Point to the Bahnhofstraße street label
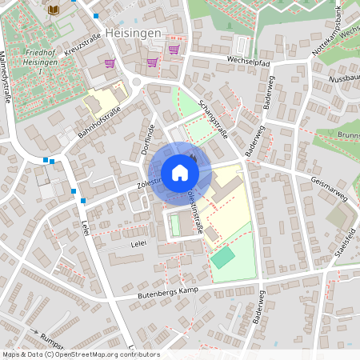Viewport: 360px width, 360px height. pos(99,122)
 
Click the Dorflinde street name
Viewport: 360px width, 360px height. pos(147,139)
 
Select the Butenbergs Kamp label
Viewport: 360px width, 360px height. pos(166,294)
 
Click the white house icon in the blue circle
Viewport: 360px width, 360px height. pos(179,173)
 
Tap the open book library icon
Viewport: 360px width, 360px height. pos(54,10)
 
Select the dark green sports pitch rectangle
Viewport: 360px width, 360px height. pos(223,258)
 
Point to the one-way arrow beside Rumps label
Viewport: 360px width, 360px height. pos(34,330)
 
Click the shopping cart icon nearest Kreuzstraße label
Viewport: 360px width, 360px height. pos(110,62)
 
